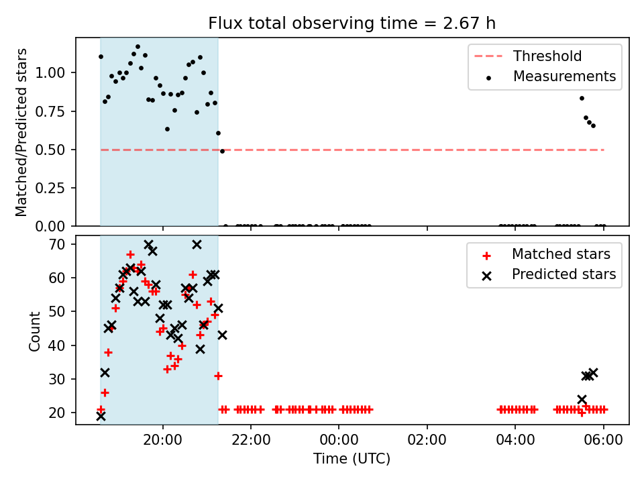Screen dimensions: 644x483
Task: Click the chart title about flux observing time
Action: (352, 23)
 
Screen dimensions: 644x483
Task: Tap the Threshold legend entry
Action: (528, 56)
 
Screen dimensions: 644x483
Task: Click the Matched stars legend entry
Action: (546, 254)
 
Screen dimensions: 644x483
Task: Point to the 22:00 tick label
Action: (251, 440)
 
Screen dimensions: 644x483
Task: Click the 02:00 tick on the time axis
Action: (427, 440)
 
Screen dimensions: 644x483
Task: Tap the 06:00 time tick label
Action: (603, 440)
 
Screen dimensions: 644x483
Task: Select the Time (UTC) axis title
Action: (352, 459)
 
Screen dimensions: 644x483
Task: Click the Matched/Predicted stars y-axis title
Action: (21, 132)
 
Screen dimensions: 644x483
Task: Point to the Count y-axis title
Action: (34, 331)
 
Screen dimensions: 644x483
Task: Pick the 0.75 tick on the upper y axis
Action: (50, 111)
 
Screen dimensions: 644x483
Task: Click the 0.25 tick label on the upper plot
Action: (50, 188)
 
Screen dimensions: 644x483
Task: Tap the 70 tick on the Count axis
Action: (56, 244)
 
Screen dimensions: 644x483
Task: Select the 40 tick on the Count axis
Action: (56, 345)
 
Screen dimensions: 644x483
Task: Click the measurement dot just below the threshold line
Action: (222, 151)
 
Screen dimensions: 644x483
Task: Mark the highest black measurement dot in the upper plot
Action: (138, 46)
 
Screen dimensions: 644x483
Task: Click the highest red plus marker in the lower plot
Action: (130, 254)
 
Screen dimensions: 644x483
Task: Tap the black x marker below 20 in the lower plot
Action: (101, 417)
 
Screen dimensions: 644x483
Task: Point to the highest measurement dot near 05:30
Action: (582, 98)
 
